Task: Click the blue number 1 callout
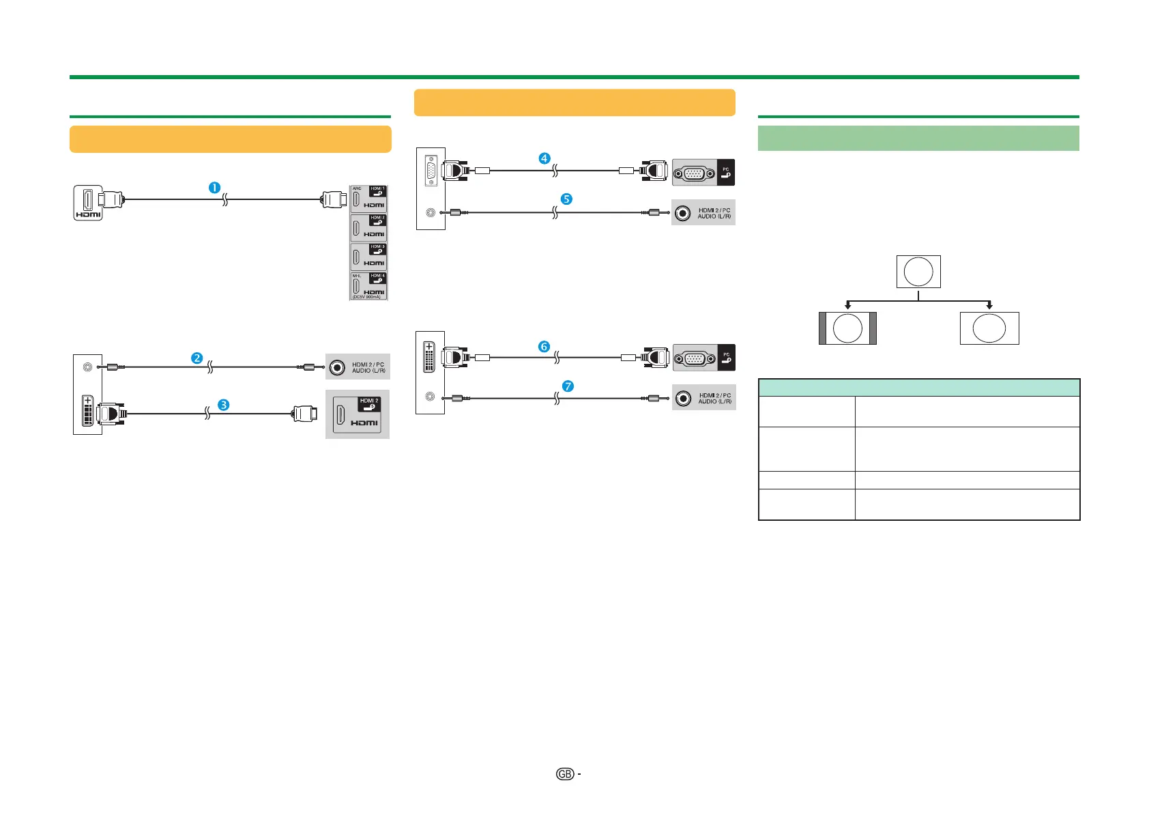214,187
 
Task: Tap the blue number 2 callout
197,358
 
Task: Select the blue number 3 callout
223,405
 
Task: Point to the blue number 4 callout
544,158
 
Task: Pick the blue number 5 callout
566,199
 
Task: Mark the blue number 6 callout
544,347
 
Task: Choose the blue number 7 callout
568,386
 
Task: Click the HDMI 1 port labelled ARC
368,199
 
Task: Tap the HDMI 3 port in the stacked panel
368,257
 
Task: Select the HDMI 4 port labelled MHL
368,286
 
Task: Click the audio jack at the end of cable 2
337,367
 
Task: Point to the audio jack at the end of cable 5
682,213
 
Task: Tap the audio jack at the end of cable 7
683,398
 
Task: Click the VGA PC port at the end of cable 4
695,173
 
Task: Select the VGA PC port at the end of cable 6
695,358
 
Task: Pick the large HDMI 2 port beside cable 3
357,414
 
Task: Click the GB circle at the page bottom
564,774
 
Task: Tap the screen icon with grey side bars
847,328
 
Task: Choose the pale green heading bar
918,138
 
